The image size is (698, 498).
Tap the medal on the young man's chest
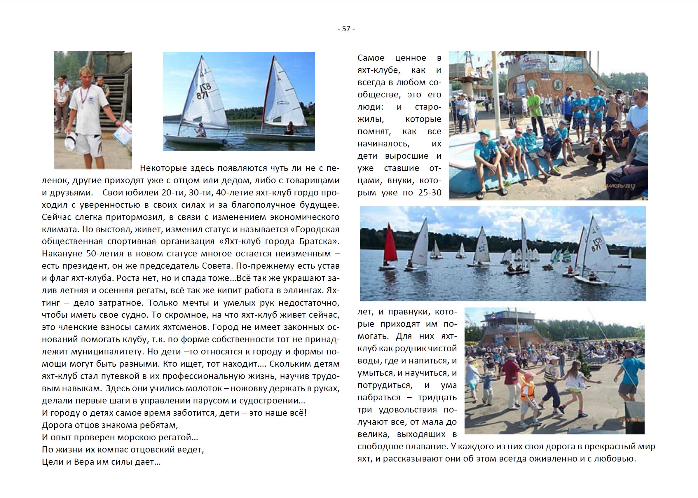[83, 107]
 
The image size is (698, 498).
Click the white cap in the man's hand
[71, 140]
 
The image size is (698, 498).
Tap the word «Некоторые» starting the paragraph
[163, 168]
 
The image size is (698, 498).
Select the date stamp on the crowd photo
[631, 186]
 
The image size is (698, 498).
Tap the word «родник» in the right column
[410, 349]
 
